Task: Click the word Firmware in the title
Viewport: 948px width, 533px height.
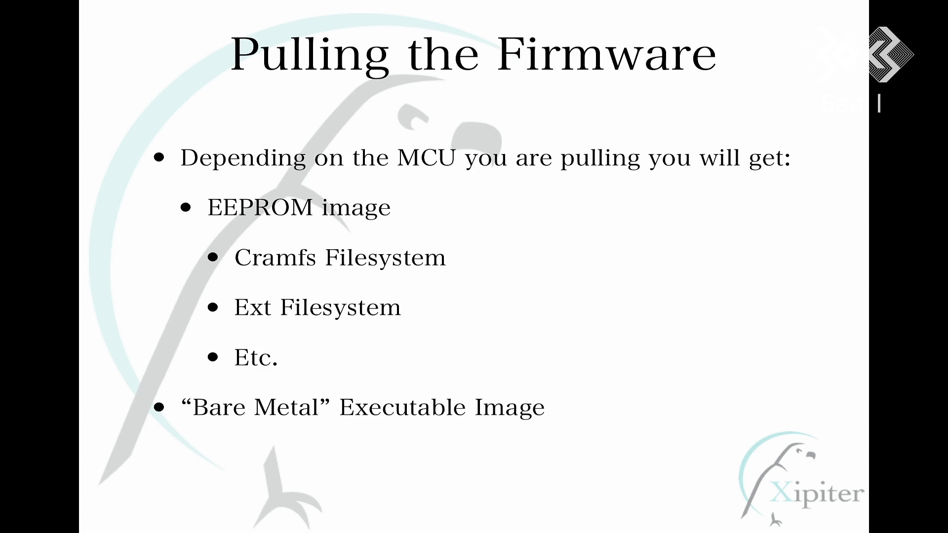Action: (606, 54)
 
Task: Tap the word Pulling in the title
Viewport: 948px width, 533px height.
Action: (310, 56)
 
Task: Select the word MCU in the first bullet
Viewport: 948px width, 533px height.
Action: (426, 158)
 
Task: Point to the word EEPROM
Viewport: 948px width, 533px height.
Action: (260, 207)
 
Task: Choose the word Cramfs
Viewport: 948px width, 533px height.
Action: (275, 257)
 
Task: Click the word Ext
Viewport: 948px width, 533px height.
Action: (252, 307)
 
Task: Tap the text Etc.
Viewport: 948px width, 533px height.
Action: (256, 357)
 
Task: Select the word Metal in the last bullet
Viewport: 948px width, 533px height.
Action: (292, 407)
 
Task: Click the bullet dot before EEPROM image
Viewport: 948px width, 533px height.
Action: (186, 208)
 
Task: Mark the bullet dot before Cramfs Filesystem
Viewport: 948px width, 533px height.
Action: (213, 258)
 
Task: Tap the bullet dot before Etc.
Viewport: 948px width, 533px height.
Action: (213, 357)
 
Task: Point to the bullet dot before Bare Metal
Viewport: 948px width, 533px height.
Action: (158, 407)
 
